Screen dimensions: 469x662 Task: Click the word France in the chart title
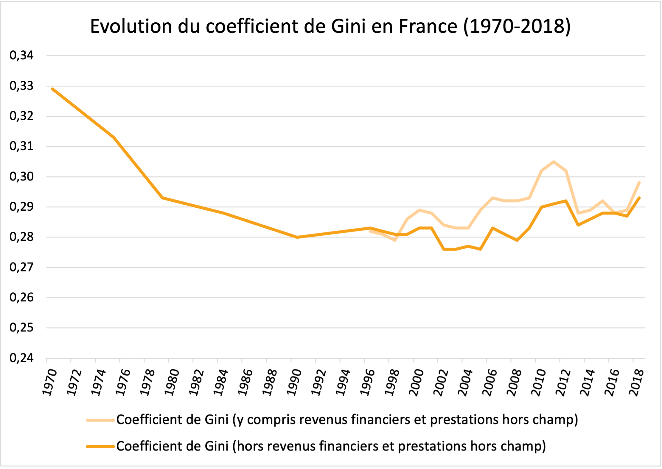pos(428,26)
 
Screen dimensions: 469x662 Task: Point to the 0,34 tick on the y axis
pos(21,55)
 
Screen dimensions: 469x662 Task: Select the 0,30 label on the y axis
pos(21,176)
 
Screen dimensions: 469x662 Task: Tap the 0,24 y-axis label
pos(21,358)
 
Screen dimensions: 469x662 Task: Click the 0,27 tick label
pos(21,267)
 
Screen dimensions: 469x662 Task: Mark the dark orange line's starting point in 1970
pos(52,89)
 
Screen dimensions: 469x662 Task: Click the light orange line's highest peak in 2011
pos(554,162)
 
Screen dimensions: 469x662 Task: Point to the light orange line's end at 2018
pos(639,183)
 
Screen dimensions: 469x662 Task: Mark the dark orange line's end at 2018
pos(639,198)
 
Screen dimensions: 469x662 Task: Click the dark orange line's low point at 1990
pos(297,237)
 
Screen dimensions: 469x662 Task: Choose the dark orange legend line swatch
pos(100,447)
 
